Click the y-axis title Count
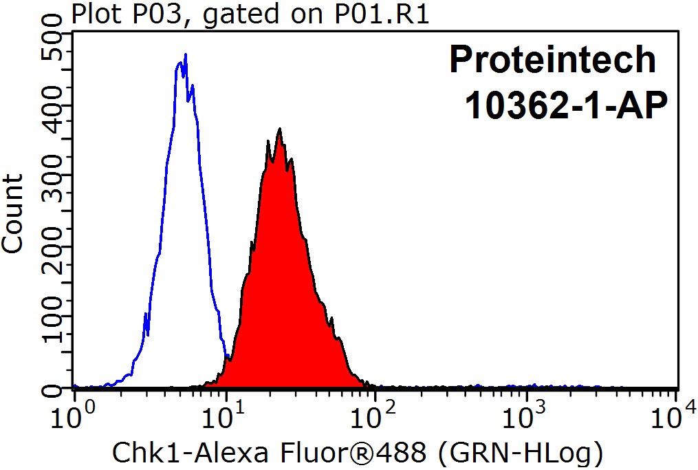pyautogui.click(x=12, y=214)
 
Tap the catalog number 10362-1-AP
pyautogui.click(x=566, y=105)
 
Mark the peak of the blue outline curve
pyautogui.click(x=185, y=54)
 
